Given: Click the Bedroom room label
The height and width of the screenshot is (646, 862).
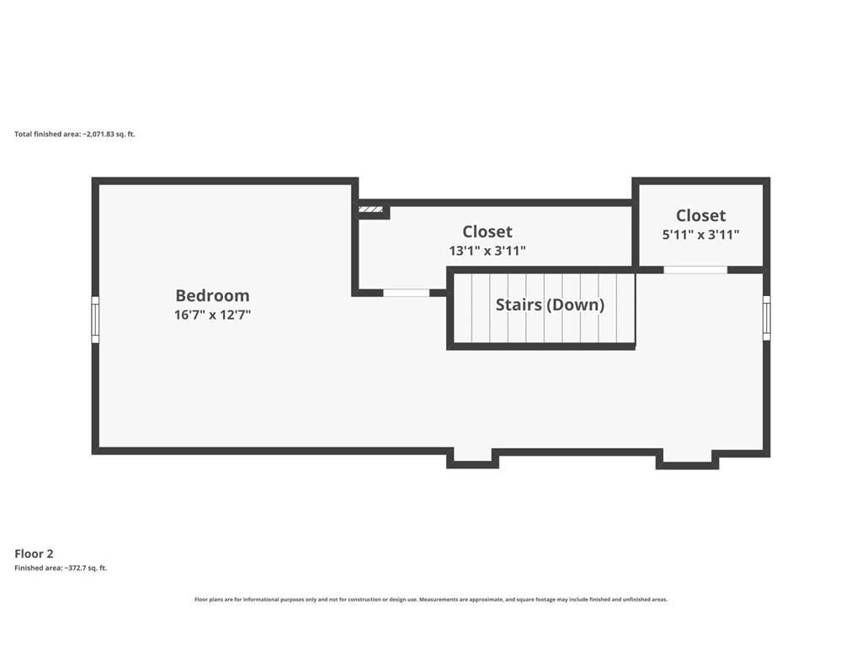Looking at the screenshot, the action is (212, 295).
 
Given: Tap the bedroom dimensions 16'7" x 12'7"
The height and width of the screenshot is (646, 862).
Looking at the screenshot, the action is (212, 315).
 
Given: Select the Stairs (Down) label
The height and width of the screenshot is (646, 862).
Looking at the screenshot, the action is (550, 304).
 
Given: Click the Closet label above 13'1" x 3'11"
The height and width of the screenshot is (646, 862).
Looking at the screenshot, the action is (487, 231).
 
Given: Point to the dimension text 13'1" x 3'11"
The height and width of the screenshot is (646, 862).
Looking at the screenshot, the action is (487, 251).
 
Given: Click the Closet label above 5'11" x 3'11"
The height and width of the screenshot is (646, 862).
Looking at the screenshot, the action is (701, 215).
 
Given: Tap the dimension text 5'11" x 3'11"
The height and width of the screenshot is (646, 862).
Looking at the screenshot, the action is (701, 235).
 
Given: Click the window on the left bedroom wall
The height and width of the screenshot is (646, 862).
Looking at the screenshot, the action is (95, 320).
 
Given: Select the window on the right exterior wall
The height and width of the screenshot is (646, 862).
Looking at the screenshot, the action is (766, 318).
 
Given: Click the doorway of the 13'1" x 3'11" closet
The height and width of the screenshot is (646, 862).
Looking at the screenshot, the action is (407, 293).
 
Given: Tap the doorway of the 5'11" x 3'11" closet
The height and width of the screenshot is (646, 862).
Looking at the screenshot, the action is (695, 270).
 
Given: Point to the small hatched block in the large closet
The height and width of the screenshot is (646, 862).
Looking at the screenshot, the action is (370, 209).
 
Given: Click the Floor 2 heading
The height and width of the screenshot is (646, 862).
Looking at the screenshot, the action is (34, 553).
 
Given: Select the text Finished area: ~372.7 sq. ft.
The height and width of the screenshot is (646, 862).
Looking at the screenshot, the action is (61, 568).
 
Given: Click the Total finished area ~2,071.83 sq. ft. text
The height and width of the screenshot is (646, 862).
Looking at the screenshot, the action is (75, 134).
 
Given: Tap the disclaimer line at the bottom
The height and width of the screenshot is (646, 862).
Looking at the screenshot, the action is (431, 599).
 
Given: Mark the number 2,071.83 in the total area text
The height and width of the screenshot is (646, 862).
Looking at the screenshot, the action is (99, 134).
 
